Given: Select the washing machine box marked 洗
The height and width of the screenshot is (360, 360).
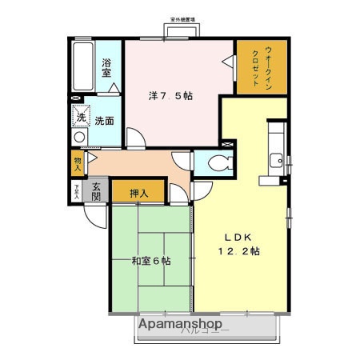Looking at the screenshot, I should [x=81, y=116].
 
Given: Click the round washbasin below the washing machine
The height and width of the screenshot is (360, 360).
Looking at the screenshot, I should [x=78, y=137].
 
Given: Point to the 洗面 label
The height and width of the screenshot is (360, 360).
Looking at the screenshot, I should [x=104, y=122].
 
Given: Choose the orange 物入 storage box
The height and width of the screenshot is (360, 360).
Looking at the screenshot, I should [x=78, y=163].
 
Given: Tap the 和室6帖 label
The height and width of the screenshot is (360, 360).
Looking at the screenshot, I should [x=151, y=261].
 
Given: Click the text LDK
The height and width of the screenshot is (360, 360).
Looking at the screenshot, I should [x=236, y=237].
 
